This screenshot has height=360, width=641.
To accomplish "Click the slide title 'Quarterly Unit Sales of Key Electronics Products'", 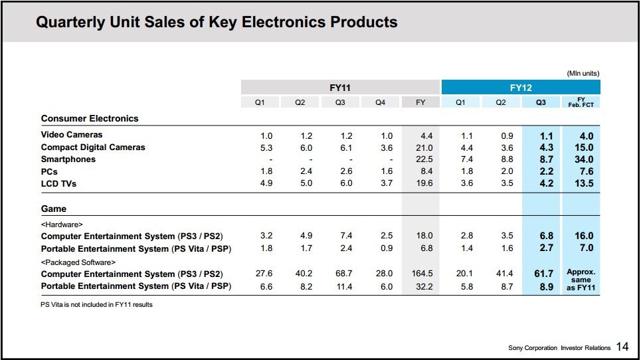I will [217, 23].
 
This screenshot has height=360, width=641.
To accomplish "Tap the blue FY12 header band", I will [520, 87].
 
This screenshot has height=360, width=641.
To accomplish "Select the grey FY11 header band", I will [340, 87].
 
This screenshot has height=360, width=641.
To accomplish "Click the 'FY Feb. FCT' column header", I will [581, 102].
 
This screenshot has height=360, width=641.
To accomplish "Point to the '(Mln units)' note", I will [583, 73].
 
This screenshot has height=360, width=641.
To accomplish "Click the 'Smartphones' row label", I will [68, 159].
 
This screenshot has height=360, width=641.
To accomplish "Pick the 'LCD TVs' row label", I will [59, 184].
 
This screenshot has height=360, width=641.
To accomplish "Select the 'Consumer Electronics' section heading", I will [90, 118].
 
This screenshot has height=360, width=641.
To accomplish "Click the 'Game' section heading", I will [54, 209].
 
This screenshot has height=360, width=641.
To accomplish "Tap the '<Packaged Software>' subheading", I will [78, 262].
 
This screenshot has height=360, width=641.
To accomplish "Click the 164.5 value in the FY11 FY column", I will [422, 274].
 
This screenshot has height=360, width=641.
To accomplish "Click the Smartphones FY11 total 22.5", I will [423, 159].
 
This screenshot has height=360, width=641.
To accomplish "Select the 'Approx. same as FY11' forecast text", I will [581, 280].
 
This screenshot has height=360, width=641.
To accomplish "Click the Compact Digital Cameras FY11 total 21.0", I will [423, 147].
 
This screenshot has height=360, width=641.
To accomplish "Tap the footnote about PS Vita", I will [97, 305].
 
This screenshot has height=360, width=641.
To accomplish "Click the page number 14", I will [622, 346].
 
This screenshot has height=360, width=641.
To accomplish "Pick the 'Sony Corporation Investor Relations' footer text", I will [559, 348].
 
